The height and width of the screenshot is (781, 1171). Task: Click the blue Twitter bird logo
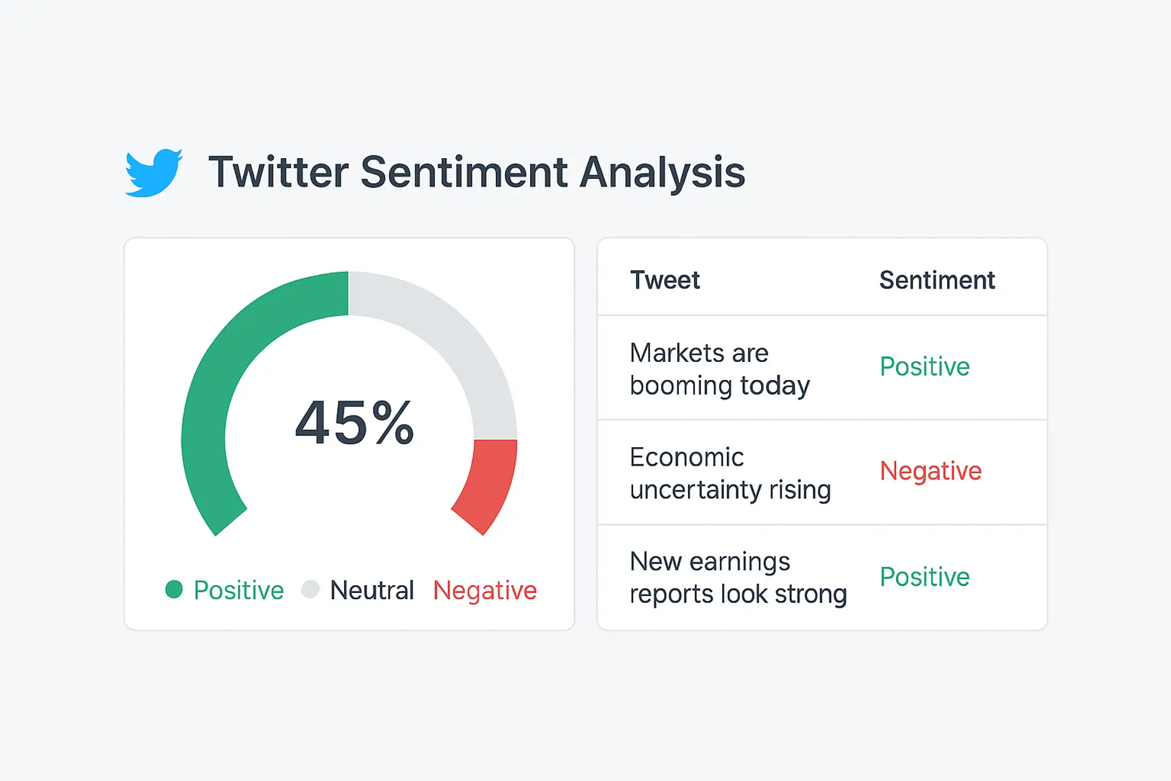[x=154, y=173]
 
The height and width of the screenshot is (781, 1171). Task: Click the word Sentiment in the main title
[x=464, y=172]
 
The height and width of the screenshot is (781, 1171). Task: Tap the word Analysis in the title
[x=662, y=173]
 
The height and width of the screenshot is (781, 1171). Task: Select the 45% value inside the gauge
[x=354, y=422]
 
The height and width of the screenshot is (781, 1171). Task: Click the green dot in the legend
[x=174, y=589]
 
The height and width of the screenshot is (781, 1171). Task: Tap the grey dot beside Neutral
[x=310, y=589]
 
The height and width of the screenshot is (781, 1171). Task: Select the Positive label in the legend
[x=238, y=591]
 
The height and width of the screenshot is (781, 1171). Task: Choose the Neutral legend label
[x=372, y=591]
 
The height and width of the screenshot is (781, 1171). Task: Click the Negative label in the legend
[x=485, y=591]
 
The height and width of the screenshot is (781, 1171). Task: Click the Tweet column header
[x=665, y=281]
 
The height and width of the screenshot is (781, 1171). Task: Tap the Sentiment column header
[x=937, y=281]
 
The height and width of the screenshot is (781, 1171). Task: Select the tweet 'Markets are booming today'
[x=720, y=369]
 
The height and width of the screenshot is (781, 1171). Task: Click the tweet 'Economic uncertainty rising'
[x=730, y=473]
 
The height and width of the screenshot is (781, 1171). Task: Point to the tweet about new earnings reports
[x=738, y=578]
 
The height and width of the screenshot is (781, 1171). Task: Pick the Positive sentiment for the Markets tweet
[x=925, y=367]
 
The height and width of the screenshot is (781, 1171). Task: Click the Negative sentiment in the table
[x=931, y=471]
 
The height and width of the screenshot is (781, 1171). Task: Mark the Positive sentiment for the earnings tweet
[x=925, y=577]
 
